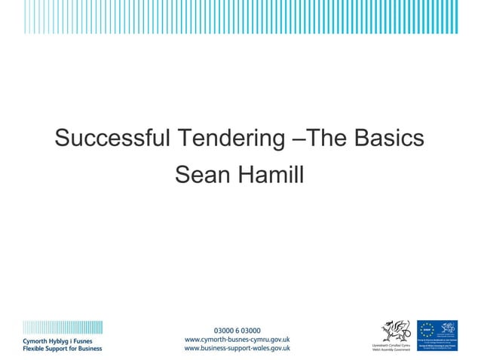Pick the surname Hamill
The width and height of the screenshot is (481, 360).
271,175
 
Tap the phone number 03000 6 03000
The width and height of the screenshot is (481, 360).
237,331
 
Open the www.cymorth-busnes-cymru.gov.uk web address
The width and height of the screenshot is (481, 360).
237,340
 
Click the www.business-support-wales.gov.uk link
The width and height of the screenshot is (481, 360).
237,349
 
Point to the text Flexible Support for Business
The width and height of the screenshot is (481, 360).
62,349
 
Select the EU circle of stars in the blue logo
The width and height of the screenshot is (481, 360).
427,328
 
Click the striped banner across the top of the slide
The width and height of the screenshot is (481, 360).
240,17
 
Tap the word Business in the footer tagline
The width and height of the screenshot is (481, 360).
86,349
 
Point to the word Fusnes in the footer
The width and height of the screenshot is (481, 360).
89,340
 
